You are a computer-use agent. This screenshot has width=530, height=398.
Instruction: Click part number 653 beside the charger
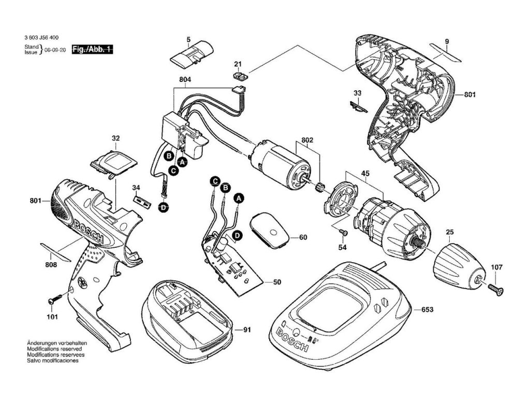point(427,309)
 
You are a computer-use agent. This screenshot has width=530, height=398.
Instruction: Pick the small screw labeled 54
point(343,233)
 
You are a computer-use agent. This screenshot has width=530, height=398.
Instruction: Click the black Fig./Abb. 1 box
point(92,49)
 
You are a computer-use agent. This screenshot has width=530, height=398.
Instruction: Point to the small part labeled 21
point(240,76)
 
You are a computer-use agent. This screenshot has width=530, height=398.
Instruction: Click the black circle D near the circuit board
point(237,236)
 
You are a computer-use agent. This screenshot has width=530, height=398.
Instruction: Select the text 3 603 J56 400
point(41,38)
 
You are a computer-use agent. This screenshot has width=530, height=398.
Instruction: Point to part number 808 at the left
point(50,265)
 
